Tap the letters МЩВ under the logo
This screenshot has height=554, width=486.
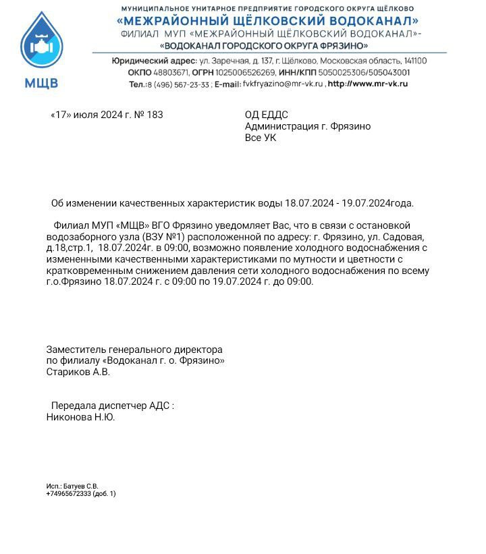[x=41, y=84]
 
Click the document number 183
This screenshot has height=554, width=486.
[x=155, y=115]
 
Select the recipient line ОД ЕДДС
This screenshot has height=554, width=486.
[x=266, y=115]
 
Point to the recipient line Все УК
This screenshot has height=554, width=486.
[x=260, y=138]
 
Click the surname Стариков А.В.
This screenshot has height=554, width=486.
[x=78, y=372]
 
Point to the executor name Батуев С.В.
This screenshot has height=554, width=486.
[x=80, y=486]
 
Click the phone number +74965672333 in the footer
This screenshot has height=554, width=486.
[x=68, y=493]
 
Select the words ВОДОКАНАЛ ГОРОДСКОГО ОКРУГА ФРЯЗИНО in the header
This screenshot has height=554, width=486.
[x=265, y=46]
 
